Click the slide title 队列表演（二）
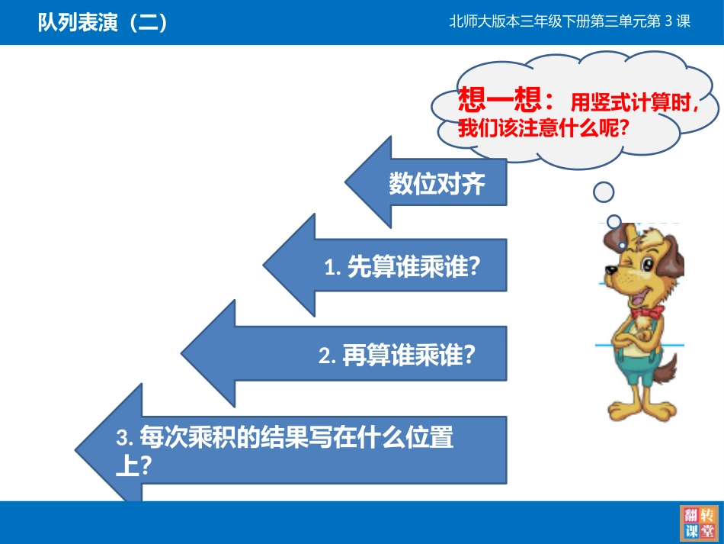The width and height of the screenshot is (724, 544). pos(103,23)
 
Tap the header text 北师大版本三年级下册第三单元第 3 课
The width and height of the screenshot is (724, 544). pos(569,22)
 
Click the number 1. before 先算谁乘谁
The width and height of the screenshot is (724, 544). pos(332,268)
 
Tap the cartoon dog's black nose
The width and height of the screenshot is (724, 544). pos(610,269)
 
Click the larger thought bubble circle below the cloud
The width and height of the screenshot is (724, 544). pos(604,192)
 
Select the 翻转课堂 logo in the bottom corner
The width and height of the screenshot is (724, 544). pos(698,523)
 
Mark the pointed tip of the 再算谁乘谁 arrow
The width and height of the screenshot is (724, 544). pos(183,353)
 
